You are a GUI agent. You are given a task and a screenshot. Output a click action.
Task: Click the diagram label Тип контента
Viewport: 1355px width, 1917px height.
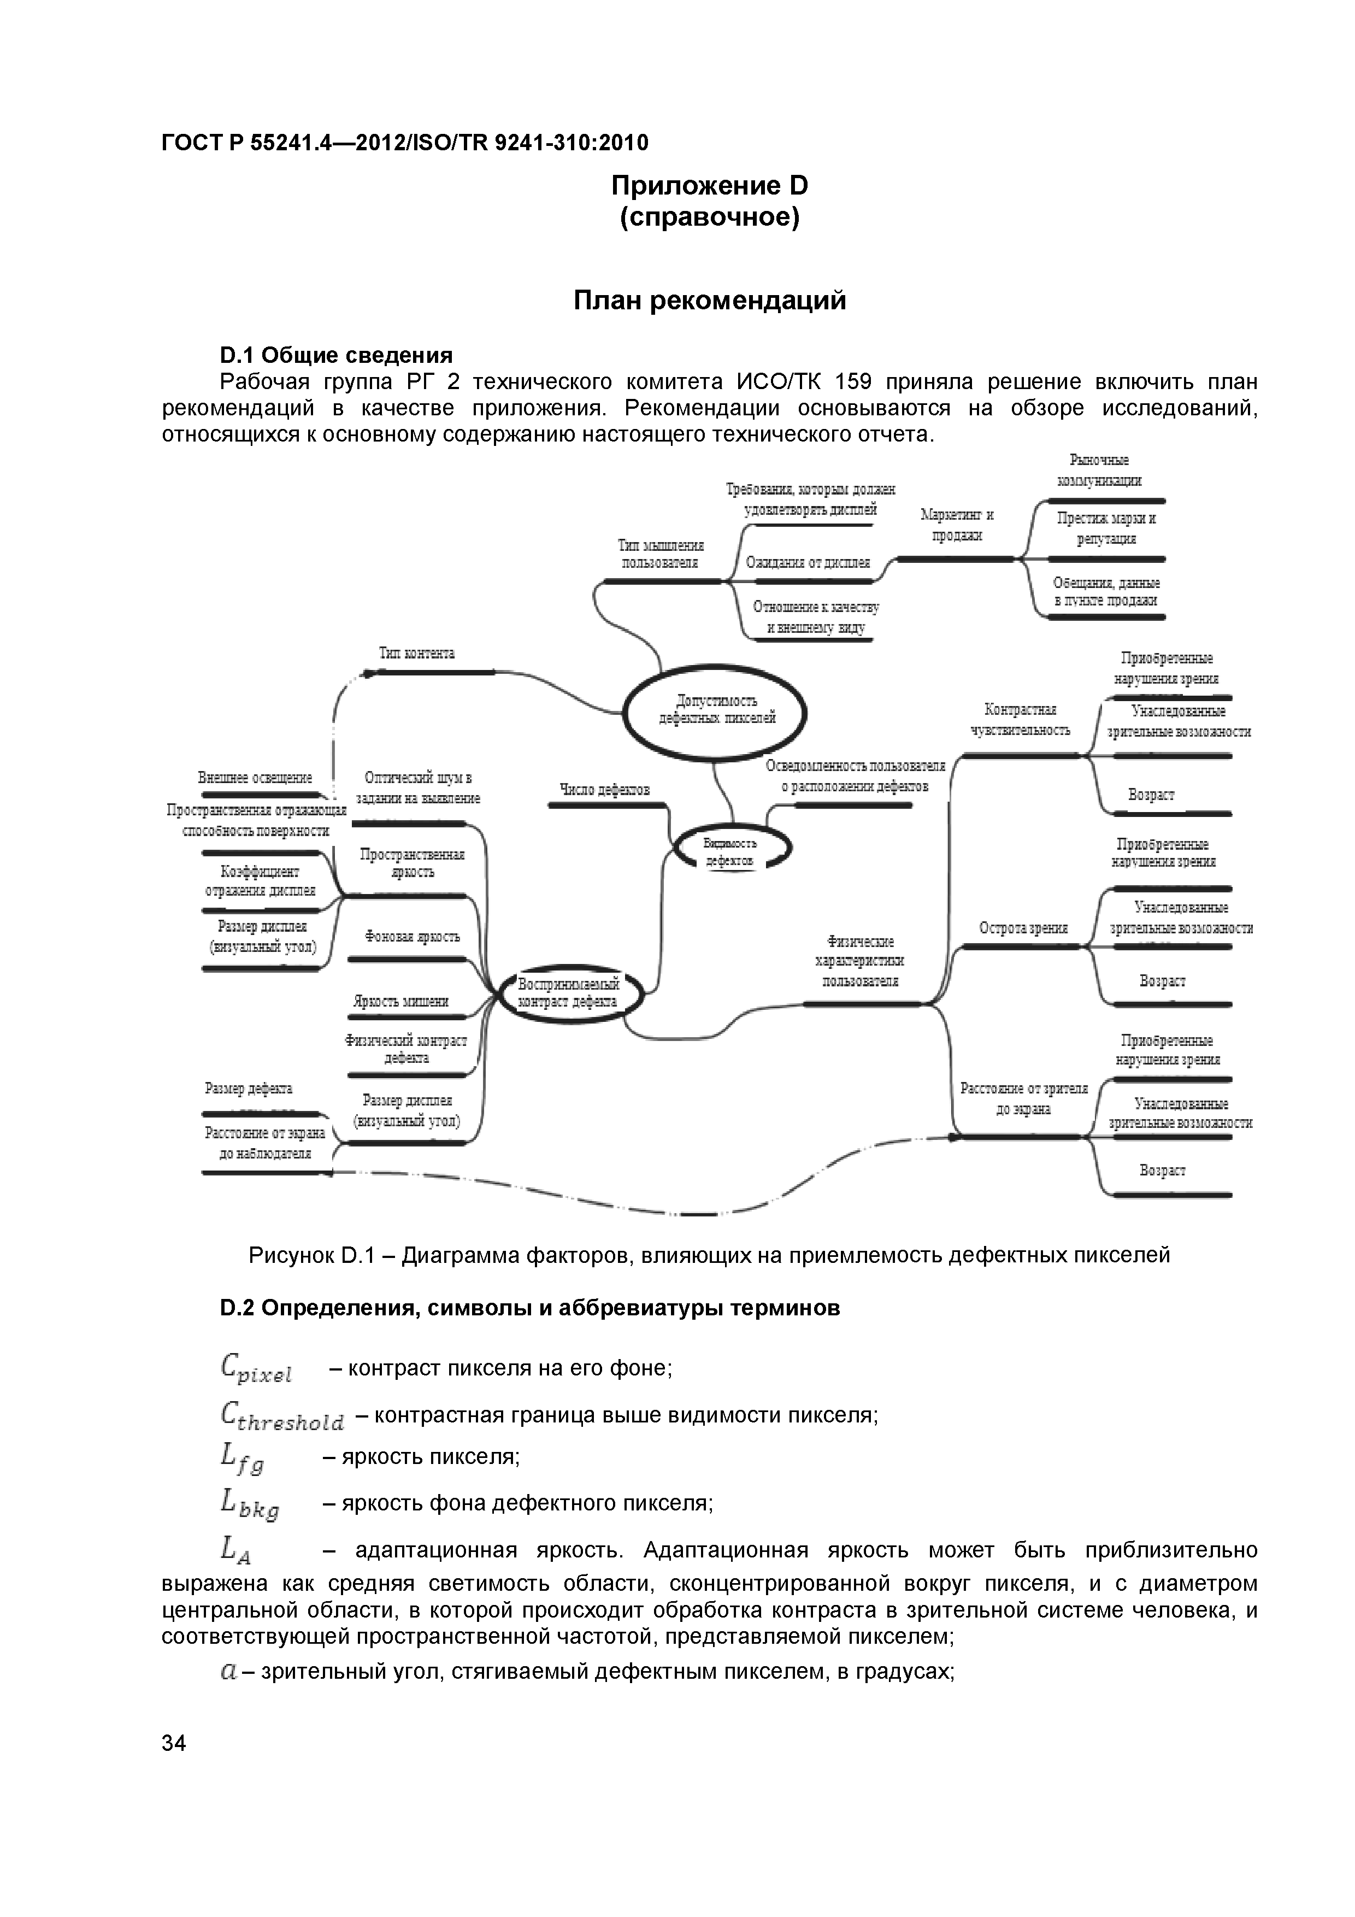coord(416,653)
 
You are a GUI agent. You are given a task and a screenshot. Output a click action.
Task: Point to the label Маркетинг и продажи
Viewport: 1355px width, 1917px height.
coord(957,525)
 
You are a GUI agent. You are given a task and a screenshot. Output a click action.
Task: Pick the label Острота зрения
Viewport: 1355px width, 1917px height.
coord(1023,927)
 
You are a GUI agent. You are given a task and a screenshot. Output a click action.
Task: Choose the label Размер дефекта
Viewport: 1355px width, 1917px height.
coord(249,1088)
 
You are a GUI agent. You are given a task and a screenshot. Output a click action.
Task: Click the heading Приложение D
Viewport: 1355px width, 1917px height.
coord(710,185)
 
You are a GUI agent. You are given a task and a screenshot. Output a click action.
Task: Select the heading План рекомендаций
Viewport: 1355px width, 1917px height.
coord(710,301)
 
